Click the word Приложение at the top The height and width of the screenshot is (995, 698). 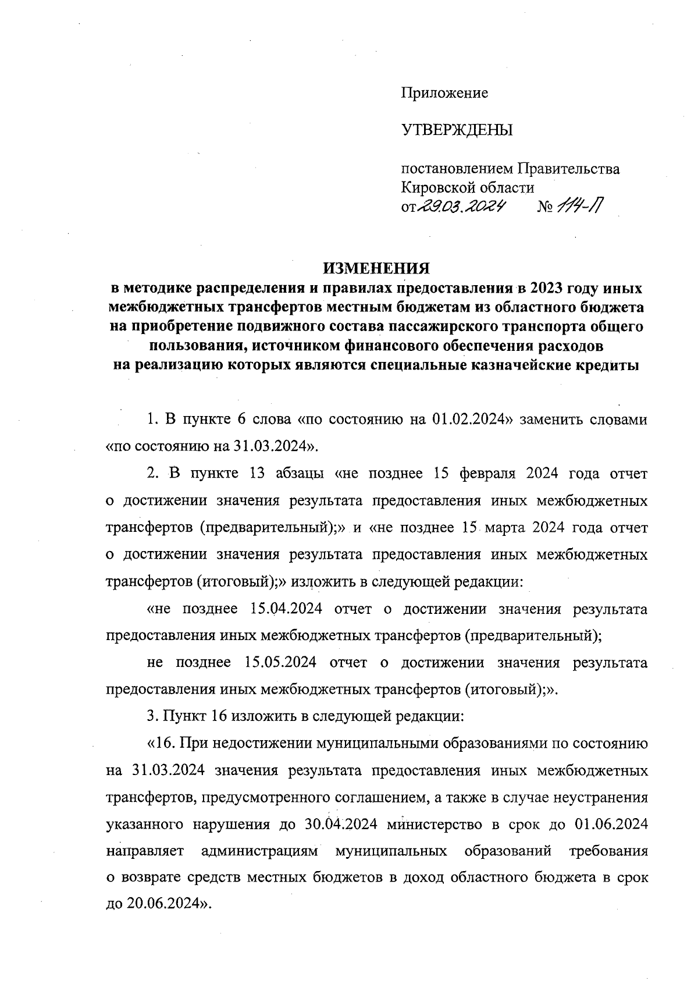tap(444, 93)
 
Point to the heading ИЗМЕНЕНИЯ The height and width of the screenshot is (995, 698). tap(376, 268)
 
